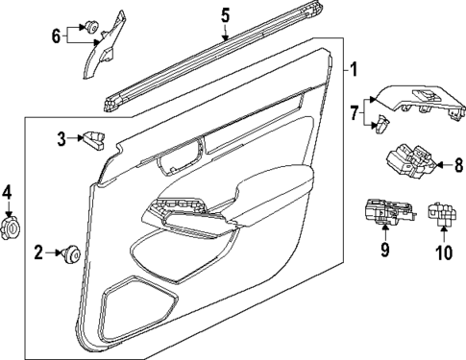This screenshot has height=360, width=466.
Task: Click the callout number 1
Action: tap(353, 69)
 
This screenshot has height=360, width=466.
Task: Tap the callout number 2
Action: tap(39, 253)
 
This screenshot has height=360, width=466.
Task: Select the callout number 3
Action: tap(61, 139)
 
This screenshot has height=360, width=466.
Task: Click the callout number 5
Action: tap(225, 14)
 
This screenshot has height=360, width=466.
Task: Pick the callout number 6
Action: tap(56, 36)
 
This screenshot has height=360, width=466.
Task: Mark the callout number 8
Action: tap(457, 165)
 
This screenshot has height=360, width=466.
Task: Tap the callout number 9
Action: tap(383, 252)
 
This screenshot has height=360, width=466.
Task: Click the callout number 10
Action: tap(443, 253)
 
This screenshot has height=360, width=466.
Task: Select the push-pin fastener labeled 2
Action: tap(71, 253)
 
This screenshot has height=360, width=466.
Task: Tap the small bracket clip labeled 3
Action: tap(96, 140)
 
